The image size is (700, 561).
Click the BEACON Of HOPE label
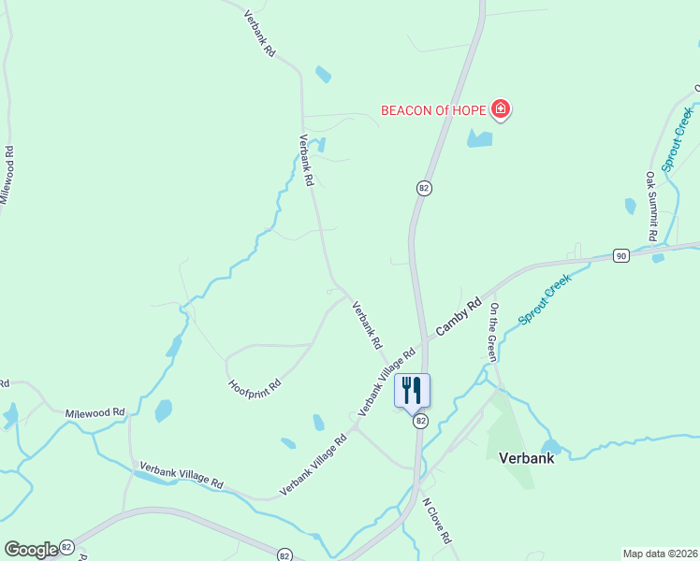[433, 110]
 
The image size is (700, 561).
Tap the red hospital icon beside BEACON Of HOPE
[501, 110]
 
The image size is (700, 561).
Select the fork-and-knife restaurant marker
[412, 389]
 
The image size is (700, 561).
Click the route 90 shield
[620, 255]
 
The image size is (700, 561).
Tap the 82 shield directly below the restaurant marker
[420, 421]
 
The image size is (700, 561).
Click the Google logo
[31, 549]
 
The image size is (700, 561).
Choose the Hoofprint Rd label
[255, 384]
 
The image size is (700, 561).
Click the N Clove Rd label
[438, 520]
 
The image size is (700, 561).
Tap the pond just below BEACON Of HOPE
[479, 139]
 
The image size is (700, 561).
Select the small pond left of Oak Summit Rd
[630, 206]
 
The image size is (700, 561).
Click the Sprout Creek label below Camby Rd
[545, 299]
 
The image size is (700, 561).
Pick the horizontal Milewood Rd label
[95, 412]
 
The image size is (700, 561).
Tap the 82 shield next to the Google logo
[66, 546]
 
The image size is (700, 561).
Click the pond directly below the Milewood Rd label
[163, 410]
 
